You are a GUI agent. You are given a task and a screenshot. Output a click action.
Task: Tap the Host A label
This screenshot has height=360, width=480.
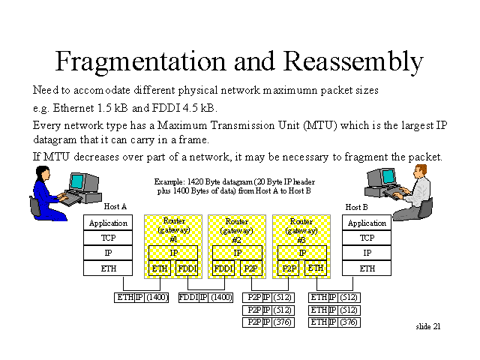[115, 206]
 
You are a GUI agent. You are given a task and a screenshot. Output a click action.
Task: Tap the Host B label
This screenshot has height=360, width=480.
[356, 207]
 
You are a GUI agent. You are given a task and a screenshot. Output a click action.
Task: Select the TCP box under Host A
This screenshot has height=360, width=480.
[108, 238]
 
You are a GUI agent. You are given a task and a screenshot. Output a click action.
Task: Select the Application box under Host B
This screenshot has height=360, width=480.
[367, 223]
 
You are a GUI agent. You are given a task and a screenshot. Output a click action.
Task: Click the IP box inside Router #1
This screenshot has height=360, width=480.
[173, 253]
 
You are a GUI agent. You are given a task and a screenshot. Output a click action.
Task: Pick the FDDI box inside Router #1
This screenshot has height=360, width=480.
[187, 268]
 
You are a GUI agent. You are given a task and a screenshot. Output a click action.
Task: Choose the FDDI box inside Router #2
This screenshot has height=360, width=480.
[223, 268]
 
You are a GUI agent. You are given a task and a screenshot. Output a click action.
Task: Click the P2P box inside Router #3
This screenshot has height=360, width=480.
[289, 268]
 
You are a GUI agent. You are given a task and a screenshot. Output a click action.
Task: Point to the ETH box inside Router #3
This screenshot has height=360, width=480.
[315, 268]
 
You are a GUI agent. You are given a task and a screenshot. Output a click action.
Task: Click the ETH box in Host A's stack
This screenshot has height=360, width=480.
[108, 268]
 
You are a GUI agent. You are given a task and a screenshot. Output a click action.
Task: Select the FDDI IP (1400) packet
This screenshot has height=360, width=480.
[205, 298]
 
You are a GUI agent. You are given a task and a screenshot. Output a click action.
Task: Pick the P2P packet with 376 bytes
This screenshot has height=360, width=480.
[269, 322]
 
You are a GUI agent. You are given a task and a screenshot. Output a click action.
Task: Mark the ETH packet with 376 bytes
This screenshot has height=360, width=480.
[334, 322]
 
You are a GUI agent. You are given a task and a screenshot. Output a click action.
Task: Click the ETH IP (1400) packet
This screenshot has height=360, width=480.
[142, 298]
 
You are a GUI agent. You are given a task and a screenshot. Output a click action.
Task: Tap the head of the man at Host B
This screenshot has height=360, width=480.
[421, 172]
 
